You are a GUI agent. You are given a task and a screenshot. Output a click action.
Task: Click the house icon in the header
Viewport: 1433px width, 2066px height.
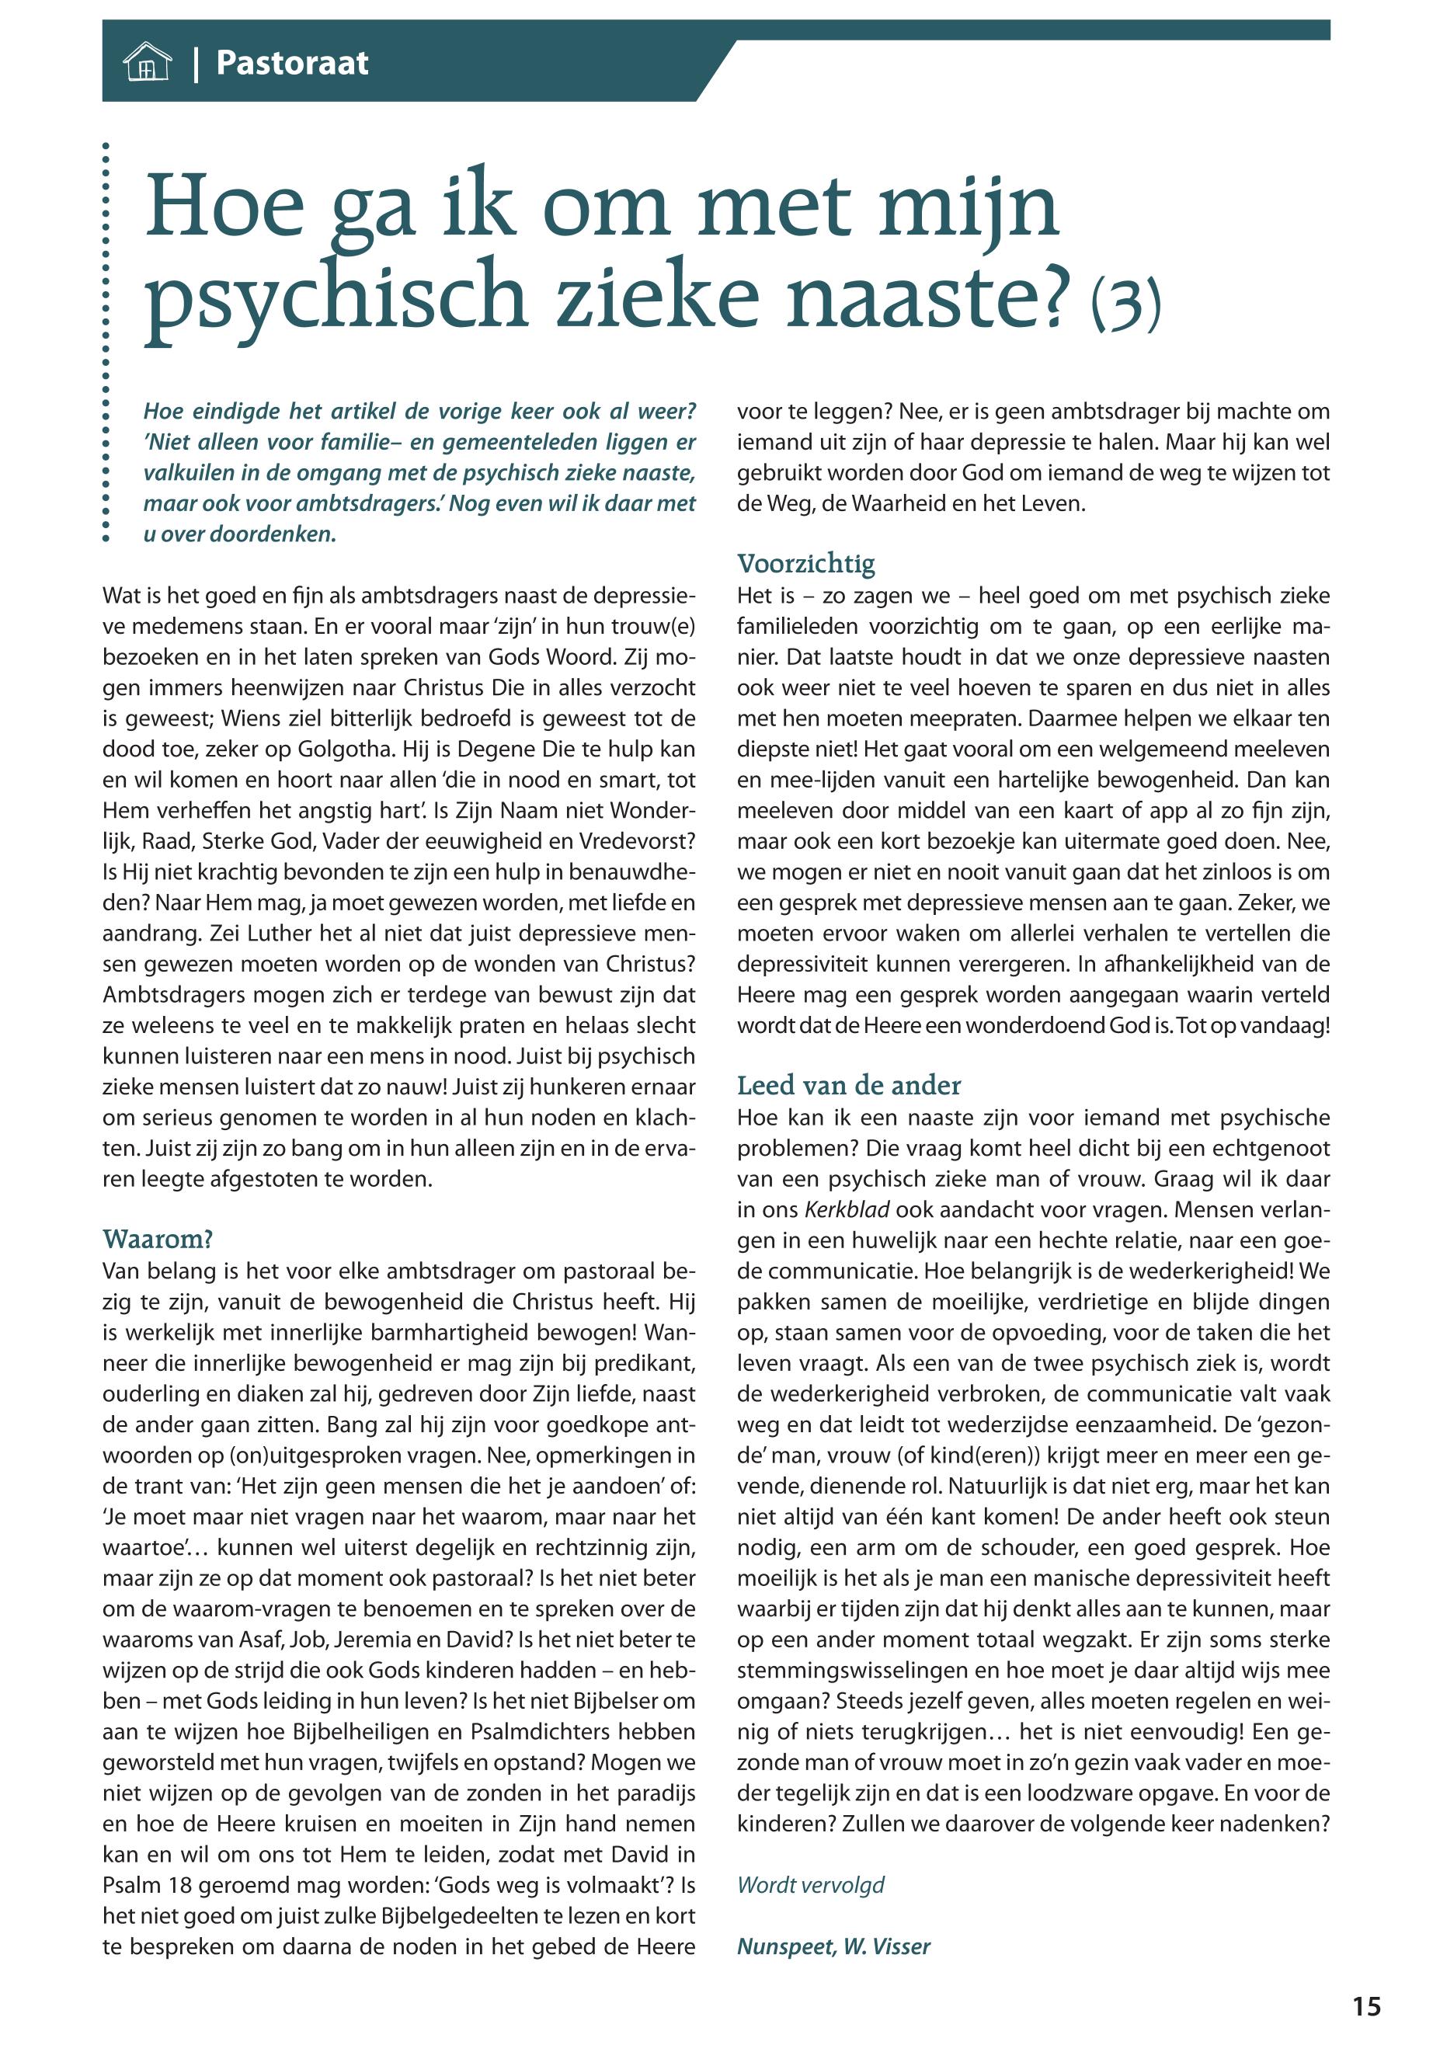[146, 64]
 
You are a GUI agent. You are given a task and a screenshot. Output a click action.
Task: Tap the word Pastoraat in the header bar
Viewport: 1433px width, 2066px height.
[292, 64]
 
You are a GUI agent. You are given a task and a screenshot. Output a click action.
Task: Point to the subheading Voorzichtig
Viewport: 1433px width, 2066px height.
[805, 564]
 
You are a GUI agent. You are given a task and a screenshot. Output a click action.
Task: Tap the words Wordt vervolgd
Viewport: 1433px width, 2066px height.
[810, 1884]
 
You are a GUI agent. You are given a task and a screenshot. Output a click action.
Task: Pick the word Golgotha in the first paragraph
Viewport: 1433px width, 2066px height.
[346, 750]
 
